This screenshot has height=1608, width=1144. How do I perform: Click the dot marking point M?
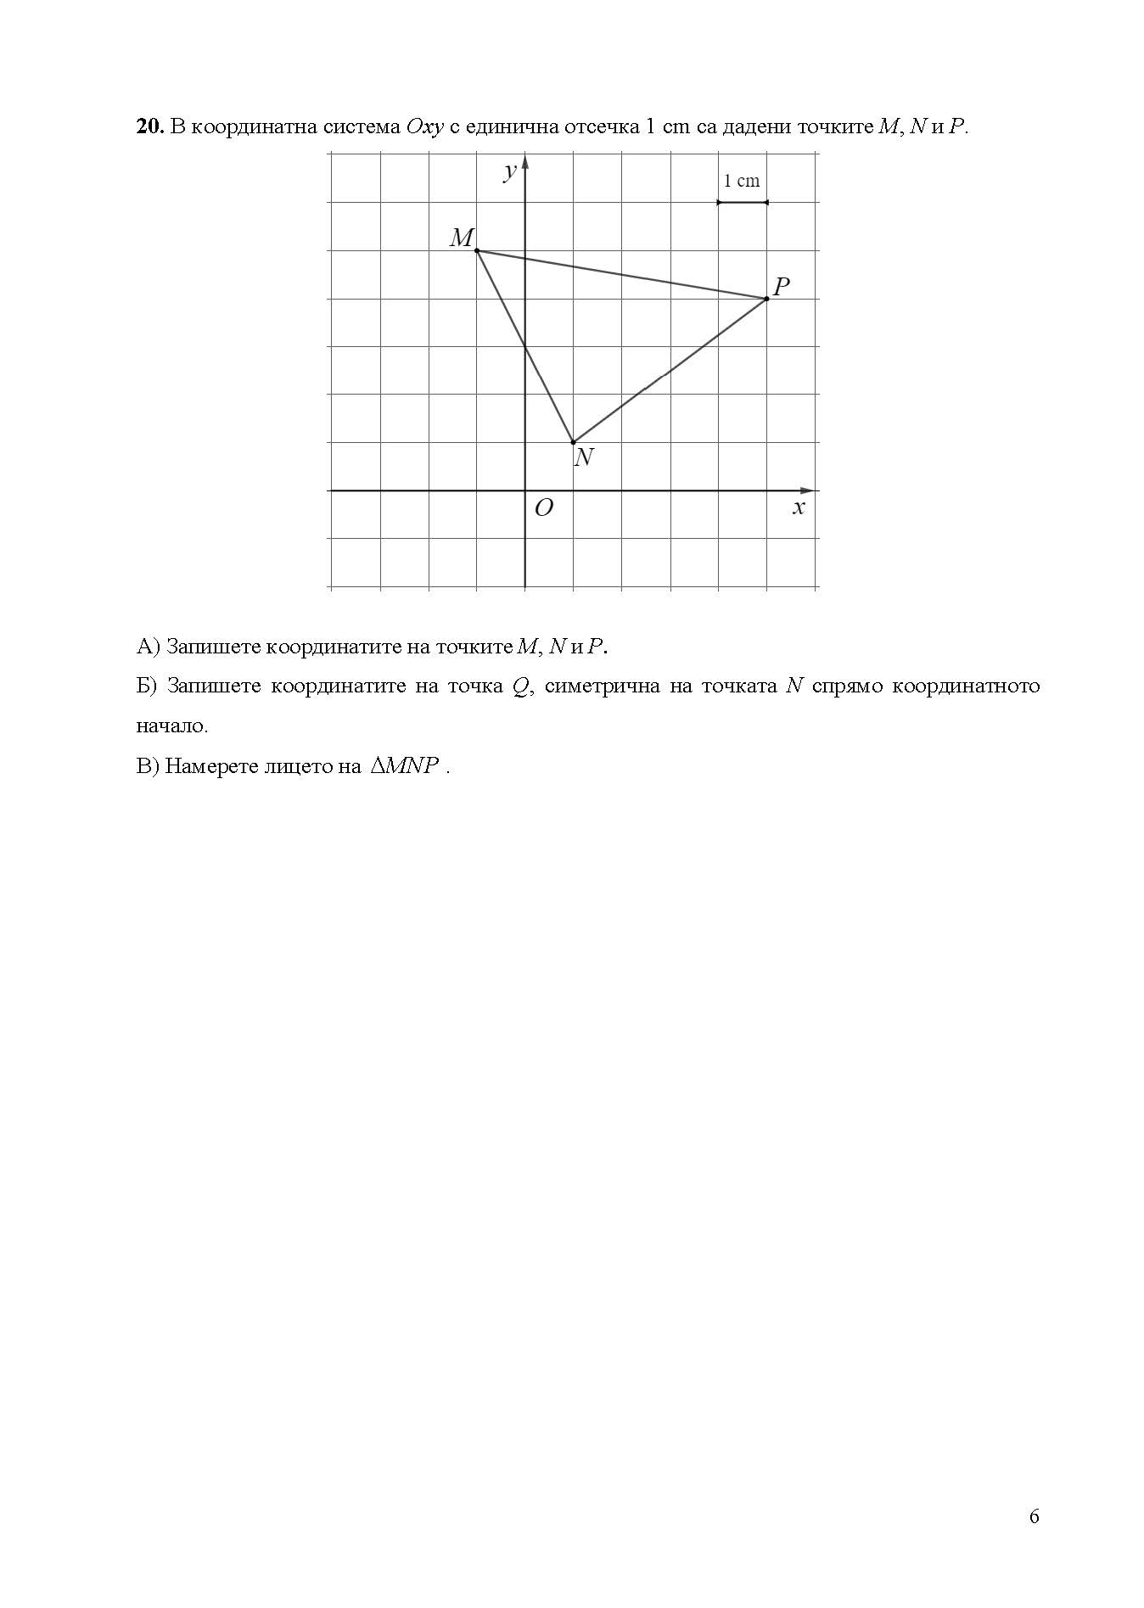pos(477,250)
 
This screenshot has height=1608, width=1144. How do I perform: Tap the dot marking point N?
pos(574,442)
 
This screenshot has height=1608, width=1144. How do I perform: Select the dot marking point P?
pos(766,299)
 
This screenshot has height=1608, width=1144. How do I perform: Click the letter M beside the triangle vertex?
pos(461,238)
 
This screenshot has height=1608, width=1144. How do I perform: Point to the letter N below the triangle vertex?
pos(583,458)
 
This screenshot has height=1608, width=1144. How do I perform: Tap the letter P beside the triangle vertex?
pos(782,286)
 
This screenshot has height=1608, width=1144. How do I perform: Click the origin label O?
pos(543,507)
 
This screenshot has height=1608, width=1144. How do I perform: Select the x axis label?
pos(798,507)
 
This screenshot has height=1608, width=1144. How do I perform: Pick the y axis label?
pos(509,172)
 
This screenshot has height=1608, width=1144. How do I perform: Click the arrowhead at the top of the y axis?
pos(525,161)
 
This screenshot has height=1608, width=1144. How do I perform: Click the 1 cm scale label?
pos(742,181)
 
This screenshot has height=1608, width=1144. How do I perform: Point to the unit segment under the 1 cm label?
pos(743,202)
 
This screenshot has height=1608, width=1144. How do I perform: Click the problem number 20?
pos(149,126)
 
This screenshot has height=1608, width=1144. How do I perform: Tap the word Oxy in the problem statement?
pos(425,127)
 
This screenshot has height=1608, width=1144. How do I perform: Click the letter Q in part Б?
pos(519,686)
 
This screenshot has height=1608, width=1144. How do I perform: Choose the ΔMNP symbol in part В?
pos(404,766)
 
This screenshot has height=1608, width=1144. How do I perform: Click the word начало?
pos(172,726)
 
